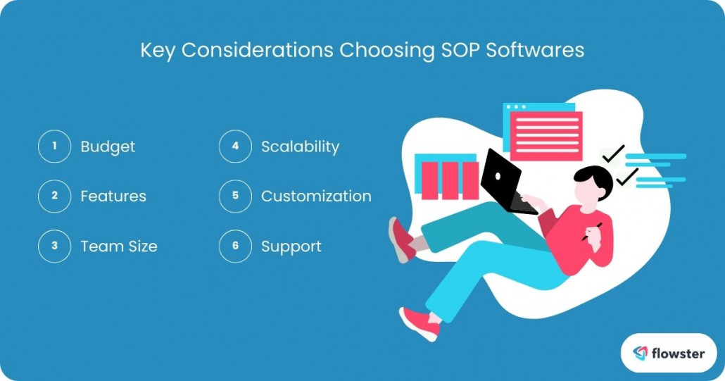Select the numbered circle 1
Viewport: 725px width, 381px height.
coord(54,146)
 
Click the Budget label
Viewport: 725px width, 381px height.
coord(108,146)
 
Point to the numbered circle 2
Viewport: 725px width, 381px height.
coord(54,196)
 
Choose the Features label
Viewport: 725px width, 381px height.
coord(113,196)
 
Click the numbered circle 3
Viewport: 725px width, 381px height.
coord(54,246)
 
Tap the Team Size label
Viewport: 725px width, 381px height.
coord(119,246)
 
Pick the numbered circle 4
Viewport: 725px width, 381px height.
coord(235,146)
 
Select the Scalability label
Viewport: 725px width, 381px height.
coord(300,146)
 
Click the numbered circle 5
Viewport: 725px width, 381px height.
coord(235,196)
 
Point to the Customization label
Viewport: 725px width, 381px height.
coord(316,196)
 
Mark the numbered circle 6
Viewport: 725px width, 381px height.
coord(235,246)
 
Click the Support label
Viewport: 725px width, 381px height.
coord(291,246)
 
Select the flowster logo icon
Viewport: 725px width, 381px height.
coord(640,353)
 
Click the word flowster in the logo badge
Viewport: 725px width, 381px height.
coord(678,353)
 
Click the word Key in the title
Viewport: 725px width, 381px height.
coord(156,51)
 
